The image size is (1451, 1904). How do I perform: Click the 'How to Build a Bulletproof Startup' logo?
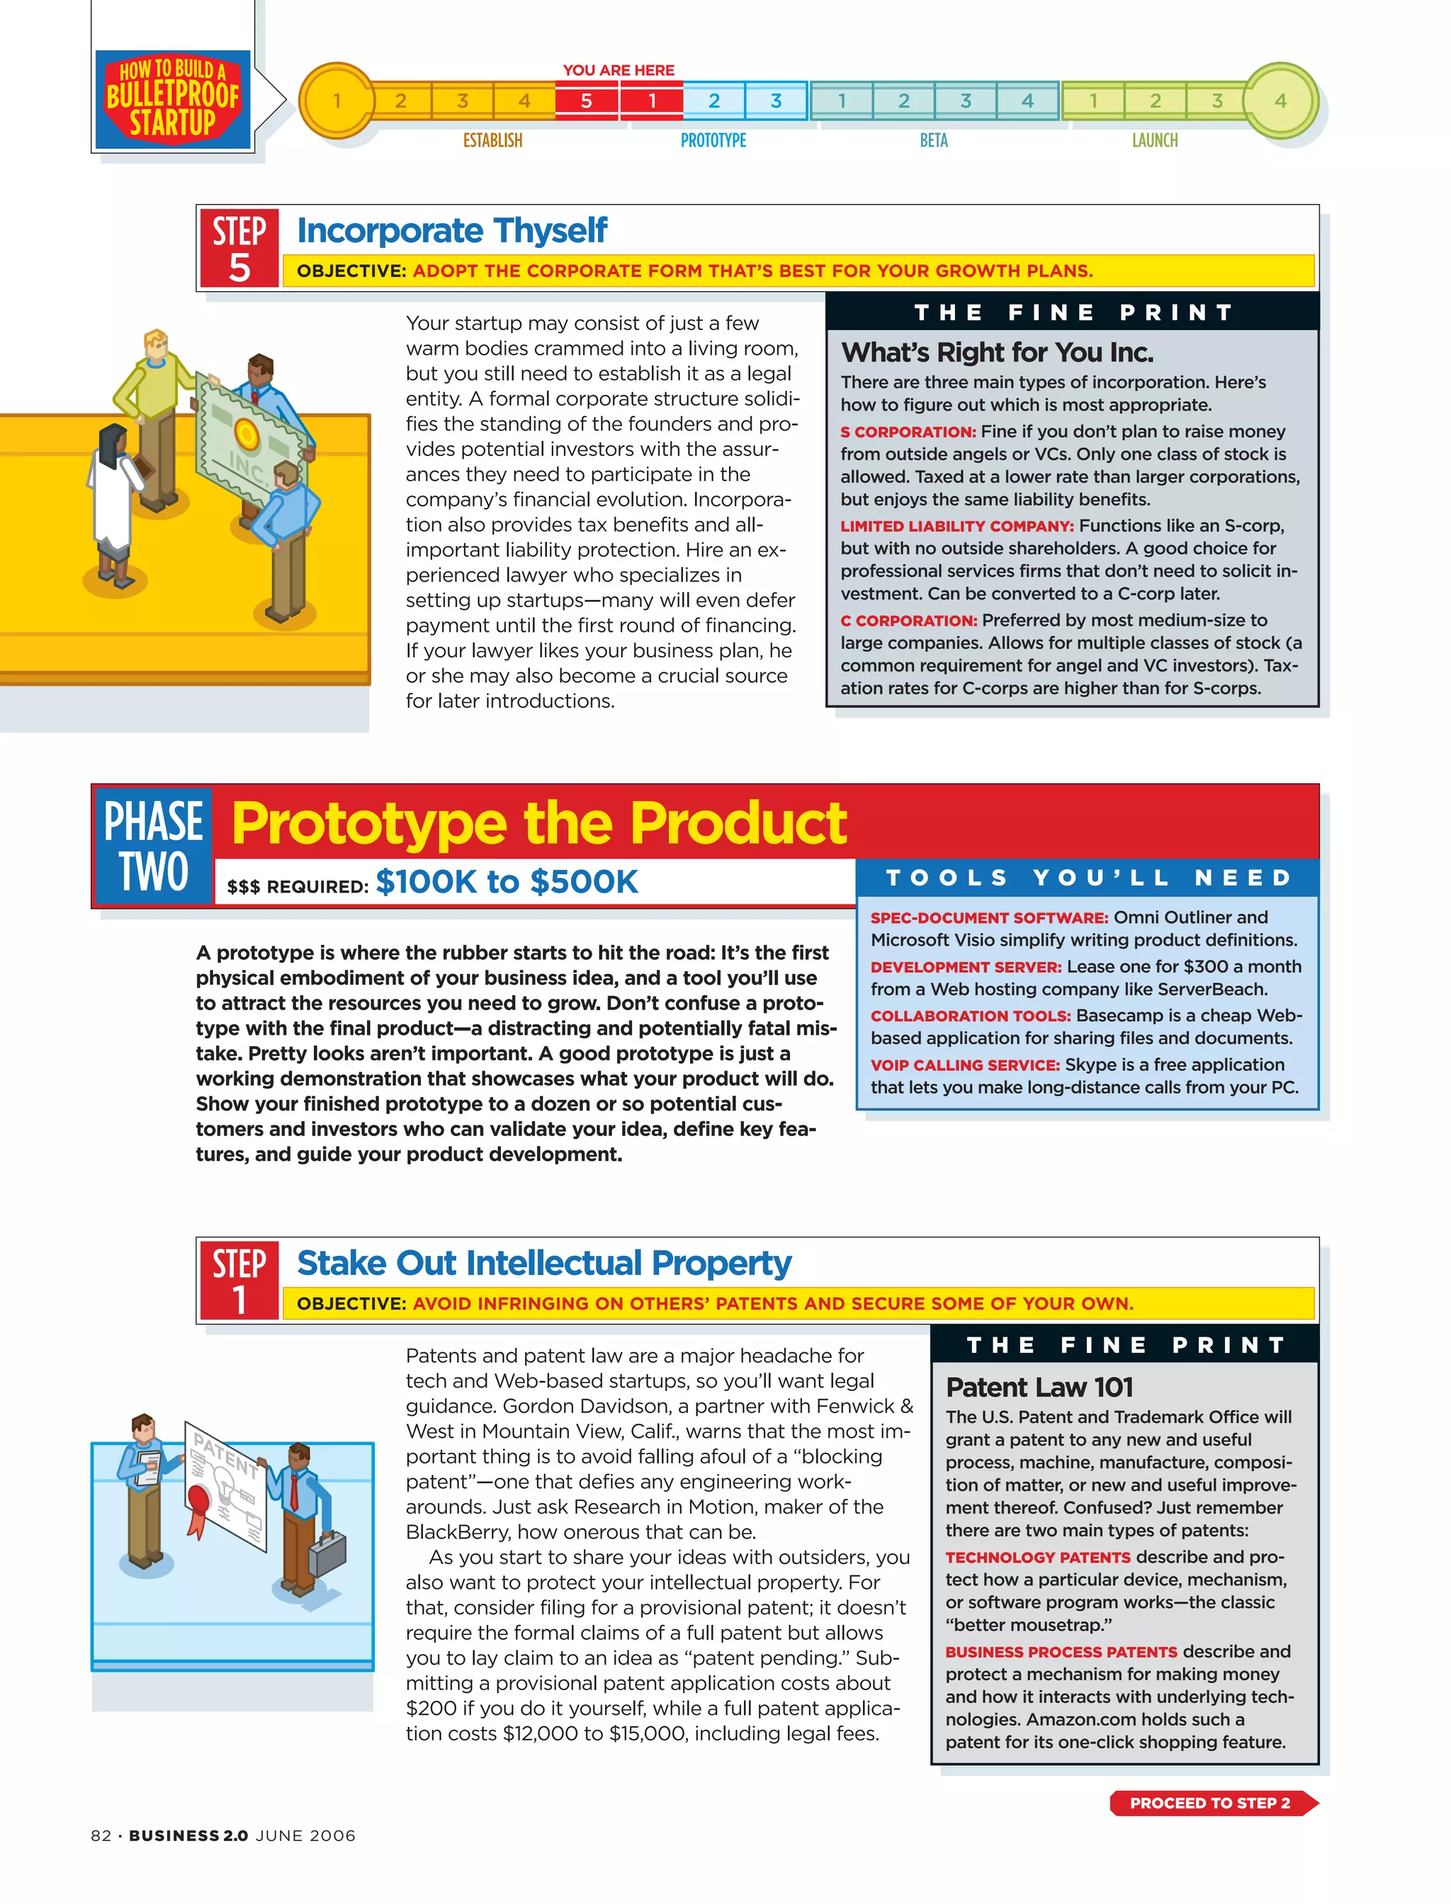point(173,98)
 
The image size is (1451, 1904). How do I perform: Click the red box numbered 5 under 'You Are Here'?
point(587,101)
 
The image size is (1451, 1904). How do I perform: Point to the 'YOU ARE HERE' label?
point(619,70)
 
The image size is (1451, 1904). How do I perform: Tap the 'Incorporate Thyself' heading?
point(452,230)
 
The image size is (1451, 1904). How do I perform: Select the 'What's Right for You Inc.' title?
point(997,352)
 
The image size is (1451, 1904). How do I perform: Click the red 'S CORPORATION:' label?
point(908,432)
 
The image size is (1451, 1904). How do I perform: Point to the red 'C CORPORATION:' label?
point(908,620)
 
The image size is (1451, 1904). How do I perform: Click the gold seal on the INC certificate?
point(246,433)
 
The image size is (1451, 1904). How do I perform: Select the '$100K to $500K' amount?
point(507,882)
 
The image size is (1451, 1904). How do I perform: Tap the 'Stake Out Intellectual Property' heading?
point(544,1262)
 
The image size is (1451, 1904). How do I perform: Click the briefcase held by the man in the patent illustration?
point(327,1552)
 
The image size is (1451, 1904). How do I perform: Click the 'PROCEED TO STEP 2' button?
point(1212,1803)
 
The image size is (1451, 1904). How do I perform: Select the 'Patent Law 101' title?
point(1039,1387)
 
